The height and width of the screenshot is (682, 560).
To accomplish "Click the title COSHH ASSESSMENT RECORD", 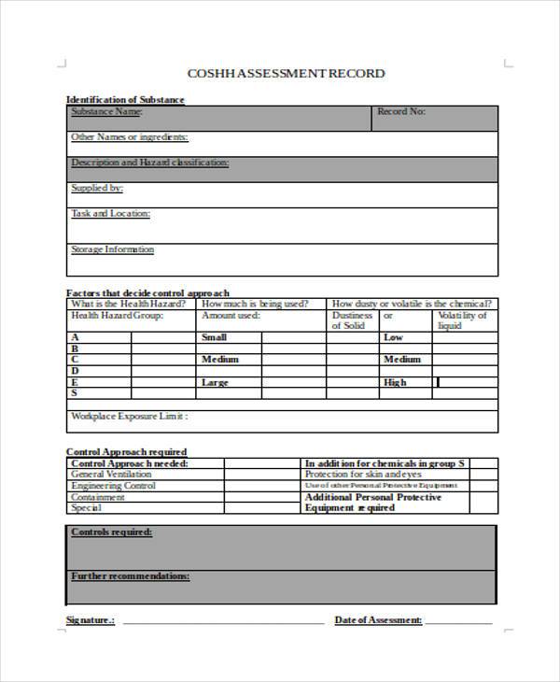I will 286,73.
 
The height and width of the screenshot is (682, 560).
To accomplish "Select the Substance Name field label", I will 106,112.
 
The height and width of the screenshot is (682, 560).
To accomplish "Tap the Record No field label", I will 401,112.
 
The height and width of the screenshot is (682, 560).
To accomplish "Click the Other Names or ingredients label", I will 130,137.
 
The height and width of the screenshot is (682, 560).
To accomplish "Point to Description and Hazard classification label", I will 149,163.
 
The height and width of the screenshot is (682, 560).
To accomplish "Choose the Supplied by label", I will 97,188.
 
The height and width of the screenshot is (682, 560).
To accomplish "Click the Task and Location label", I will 110,214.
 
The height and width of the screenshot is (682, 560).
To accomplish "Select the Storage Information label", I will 113,249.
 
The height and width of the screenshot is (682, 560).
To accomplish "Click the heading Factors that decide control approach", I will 147,292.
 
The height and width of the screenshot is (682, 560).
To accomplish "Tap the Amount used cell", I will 231,316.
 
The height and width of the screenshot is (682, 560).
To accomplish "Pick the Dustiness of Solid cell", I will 353,320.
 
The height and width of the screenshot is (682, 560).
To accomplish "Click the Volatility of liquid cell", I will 463,320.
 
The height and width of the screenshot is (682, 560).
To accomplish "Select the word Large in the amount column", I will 215,382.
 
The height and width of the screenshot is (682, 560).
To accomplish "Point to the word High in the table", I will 395,382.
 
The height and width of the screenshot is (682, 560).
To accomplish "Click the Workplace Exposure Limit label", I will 130,416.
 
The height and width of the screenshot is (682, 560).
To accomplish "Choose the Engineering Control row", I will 114,486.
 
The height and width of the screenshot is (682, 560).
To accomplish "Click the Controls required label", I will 112,532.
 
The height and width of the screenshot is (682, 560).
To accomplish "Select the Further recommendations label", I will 131,576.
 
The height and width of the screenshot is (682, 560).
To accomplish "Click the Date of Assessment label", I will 378,620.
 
